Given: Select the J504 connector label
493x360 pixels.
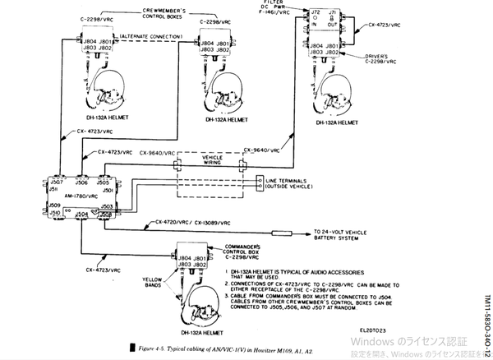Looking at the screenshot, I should [x=81, y=214].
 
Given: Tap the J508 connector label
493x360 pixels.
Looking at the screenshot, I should [x=107, y=214].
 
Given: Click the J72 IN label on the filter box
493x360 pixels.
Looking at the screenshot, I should [x=314, y=18].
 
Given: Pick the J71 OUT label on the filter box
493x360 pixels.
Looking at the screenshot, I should [x=331, y=18].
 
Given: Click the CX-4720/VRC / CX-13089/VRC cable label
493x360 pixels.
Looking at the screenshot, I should [x=195, y=223].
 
